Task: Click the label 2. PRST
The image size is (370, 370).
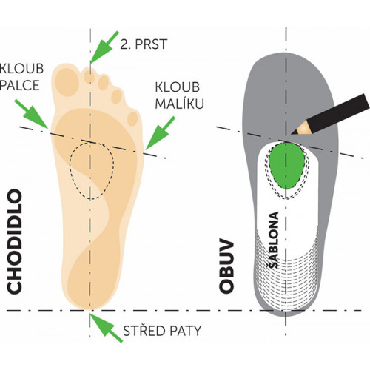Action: pos(144,44)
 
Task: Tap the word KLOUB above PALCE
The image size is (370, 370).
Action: pos(21,68)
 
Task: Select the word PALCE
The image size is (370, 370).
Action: pos(20,85)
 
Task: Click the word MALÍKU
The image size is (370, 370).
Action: pos(180,104)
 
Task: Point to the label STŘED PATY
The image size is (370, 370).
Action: pos(162,331)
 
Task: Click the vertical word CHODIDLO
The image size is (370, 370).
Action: pos(14,242)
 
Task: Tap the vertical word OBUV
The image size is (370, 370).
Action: pos(226,266)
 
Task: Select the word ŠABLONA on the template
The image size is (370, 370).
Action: pos(274,240)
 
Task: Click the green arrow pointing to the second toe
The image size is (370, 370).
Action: pos(104,47)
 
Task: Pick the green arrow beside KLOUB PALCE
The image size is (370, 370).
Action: pos(31,114)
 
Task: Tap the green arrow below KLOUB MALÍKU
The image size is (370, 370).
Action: pos(160,133)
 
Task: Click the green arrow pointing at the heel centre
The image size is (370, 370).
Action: pos(106,328)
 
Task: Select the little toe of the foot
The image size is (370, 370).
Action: pos(132,119)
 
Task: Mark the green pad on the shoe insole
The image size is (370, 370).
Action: pos(286,166)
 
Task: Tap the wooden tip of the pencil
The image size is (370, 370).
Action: pos(300,128)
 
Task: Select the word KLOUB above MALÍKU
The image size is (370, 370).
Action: pos(178,87)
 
